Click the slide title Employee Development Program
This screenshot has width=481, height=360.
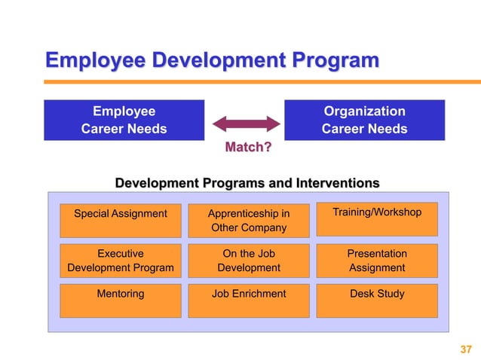[x=212, y=60]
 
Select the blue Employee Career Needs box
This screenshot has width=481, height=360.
[x=124, y=120]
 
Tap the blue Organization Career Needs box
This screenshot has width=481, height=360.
[x=364, y=120]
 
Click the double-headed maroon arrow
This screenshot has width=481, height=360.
[x=246, y=123]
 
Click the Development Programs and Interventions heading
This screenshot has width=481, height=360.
[x=247, y=183]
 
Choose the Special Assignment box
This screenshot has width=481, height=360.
[x=121, y=219]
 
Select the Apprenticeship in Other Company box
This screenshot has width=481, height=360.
[x=248, y=220]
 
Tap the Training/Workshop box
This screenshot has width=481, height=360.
[x=377, y=218]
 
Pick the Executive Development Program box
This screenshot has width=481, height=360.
[x=121, y=261]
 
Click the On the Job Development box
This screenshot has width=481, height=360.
[x=248, y=261]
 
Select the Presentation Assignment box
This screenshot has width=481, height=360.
[x=377, y=261]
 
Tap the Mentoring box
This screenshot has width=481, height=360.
[x=121, y=300]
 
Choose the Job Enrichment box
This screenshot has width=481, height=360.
[x=248, y=300]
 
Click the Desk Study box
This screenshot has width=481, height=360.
[x=377, y=300]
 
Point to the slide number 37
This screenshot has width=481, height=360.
[x=465, y=349]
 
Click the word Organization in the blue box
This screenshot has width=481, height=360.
[x=364, y=111]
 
